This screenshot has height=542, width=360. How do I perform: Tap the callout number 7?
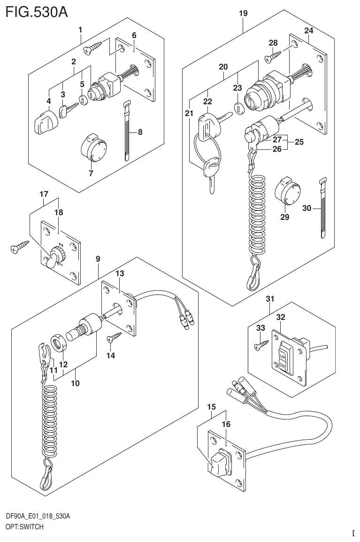[x=91, y=173]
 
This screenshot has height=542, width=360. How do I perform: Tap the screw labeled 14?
[x=115, y=337]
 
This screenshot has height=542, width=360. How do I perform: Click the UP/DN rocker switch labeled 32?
[x=283, y=357]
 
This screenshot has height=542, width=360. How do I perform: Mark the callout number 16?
[x=226, y=424]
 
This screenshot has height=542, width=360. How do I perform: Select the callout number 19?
[x=243, y=14]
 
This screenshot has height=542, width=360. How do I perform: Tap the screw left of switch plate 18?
[x=20, y=247]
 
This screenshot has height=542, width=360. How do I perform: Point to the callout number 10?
[x=75, y=383]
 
